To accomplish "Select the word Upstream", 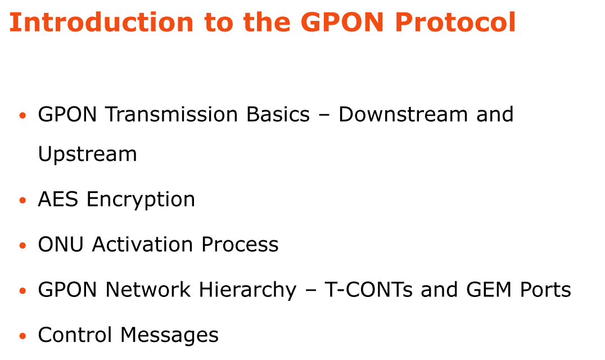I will (87, 155).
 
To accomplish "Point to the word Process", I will (240, 245).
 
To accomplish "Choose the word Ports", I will (545, 290).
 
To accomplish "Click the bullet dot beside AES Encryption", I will (22, 200).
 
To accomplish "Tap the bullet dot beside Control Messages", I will (22, 336).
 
